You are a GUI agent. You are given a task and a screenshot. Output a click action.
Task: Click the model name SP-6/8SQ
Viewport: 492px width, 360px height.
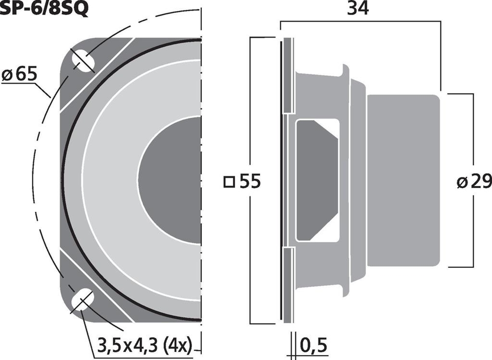(x=44, y=8)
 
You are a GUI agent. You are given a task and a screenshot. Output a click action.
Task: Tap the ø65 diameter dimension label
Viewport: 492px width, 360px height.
(x=20, y=74)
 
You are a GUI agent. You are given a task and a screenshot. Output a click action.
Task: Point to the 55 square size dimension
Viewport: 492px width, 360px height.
(x=250, y=182)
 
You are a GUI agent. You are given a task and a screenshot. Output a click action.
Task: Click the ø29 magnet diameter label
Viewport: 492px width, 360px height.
(x=474, y=182)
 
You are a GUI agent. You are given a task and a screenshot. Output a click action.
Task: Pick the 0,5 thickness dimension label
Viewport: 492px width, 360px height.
(x=314, y=345)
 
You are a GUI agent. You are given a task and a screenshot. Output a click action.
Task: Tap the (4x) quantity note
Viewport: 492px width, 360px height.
(x=178, y=346)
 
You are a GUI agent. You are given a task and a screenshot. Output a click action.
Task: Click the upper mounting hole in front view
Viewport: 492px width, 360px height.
(x=83, y=60)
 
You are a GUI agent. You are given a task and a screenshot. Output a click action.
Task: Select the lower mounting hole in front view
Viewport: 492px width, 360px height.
(x=83, y=300)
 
